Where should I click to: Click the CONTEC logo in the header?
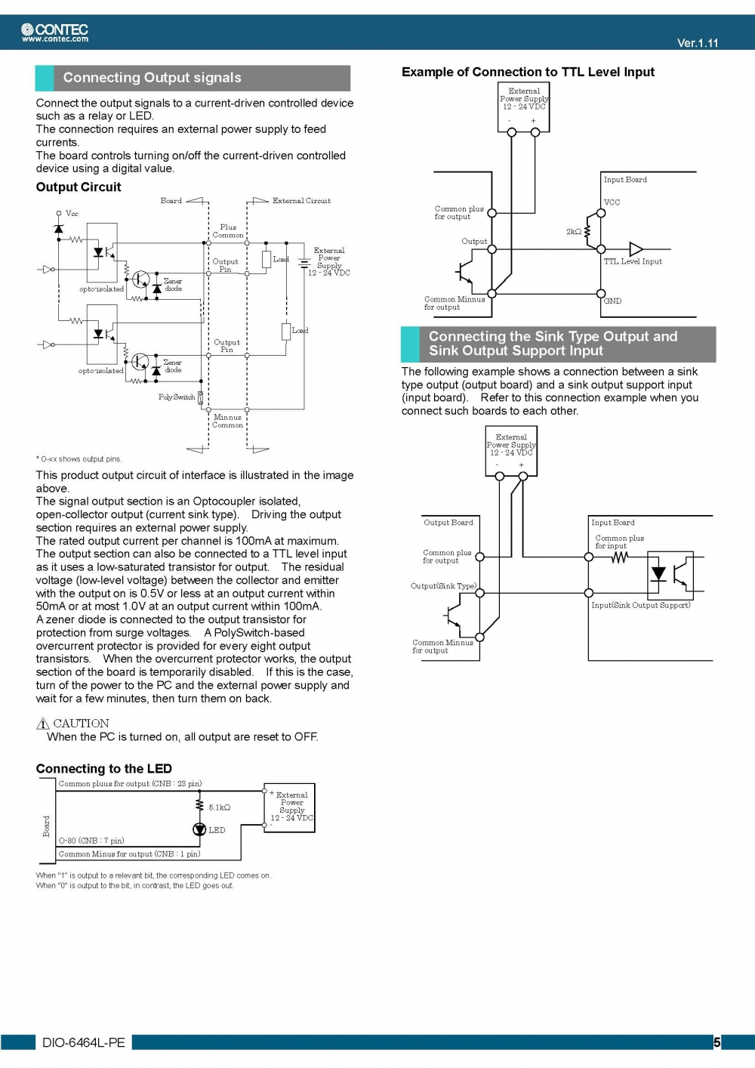pyautogui.click(x=55, y=32)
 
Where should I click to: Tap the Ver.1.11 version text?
pyautogui.click(x=697, y=43)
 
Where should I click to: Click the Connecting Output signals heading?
pyautogui.click(x=152, y=78)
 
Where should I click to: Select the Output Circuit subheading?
pyautogui.click(x=79, y=187)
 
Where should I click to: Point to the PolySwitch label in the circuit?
pyautogui.click(x=177, y=397)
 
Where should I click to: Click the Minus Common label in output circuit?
pyautogui.click(x=227, y=421)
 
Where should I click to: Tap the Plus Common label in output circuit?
pyautogui.click(x=228, y=231)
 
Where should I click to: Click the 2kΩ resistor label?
pyautogui.click(x=574, y=232)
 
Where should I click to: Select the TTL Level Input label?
pyautogui.click(x=633, y=261)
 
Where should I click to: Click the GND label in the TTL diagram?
pyautogui.click(x=612, y=301)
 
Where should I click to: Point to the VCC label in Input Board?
pyautogui.click(x=612, y=202)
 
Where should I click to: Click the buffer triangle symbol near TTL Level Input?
pyautogui.click(x=636, y=249)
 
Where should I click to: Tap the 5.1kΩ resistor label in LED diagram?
pyautogui.click(x=220, y=807)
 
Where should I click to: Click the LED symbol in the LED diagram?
pyautogui.click(x=199, y=829)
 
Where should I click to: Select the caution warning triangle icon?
pyautogui.click(x=43, y=724)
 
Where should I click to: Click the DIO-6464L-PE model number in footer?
pyautogui.click(x=83, y=1042)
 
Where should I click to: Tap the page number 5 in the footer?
pyautogui.click(x=716, y=1042)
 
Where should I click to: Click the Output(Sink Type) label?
pyautogui.click(x=443, y=586)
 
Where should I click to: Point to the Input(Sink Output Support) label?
pyautogui.click(x=640, y=605)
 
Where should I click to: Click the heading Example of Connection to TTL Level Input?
pyautogui.click(x=528, y=72)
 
